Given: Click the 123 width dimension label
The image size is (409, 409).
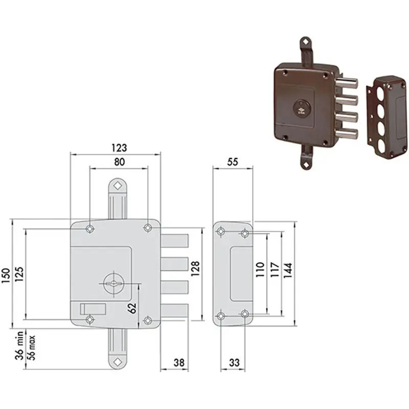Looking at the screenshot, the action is (x=119, y=148).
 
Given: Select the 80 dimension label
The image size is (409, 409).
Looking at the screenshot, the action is (x=119, y=162).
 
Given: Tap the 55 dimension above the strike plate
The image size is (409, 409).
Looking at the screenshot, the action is (x=233, y=162).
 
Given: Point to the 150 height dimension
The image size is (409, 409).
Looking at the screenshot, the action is (x=6, y=276).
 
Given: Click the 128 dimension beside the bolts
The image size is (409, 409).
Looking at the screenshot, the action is (x=195, y=269).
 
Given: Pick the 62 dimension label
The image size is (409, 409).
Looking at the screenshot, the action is (x=132, y=308).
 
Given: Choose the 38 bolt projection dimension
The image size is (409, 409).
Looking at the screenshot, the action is (x=179, y=362).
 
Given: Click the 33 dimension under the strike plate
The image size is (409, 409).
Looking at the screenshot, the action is (x=234, y=362).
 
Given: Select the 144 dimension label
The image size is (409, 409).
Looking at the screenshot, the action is (x=288, y=270).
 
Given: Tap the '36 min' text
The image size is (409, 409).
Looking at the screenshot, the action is (x=19, y=346).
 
